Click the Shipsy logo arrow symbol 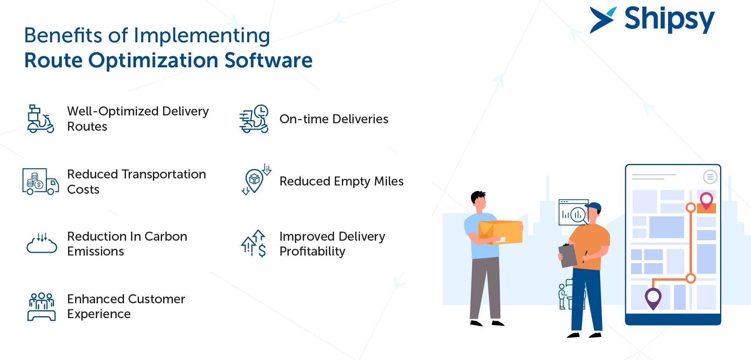tap(602, 20)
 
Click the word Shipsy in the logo tap(669, 20)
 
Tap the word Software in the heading tap(268, 60)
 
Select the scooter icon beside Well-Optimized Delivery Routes tap(40, 119)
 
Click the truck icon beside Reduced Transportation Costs tap(41, 182)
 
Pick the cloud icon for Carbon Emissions tap(42, 243)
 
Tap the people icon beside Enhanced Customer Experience tap(41, 307)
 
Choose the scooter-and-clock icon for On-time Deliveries tap(254, 119)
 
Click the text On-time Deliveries tap(334, 119)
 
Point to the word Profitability tap(312, 252)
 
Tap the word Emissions tap(95, 251)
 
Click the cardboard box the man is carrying tap(500, 232)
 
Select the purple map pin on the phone tap(653, 298)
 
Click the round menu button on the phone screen tap(710, 177)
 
